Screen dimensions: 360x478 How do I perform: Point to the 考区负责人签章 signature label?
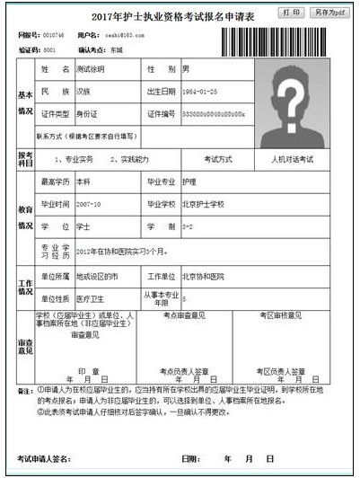(282, 370)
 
